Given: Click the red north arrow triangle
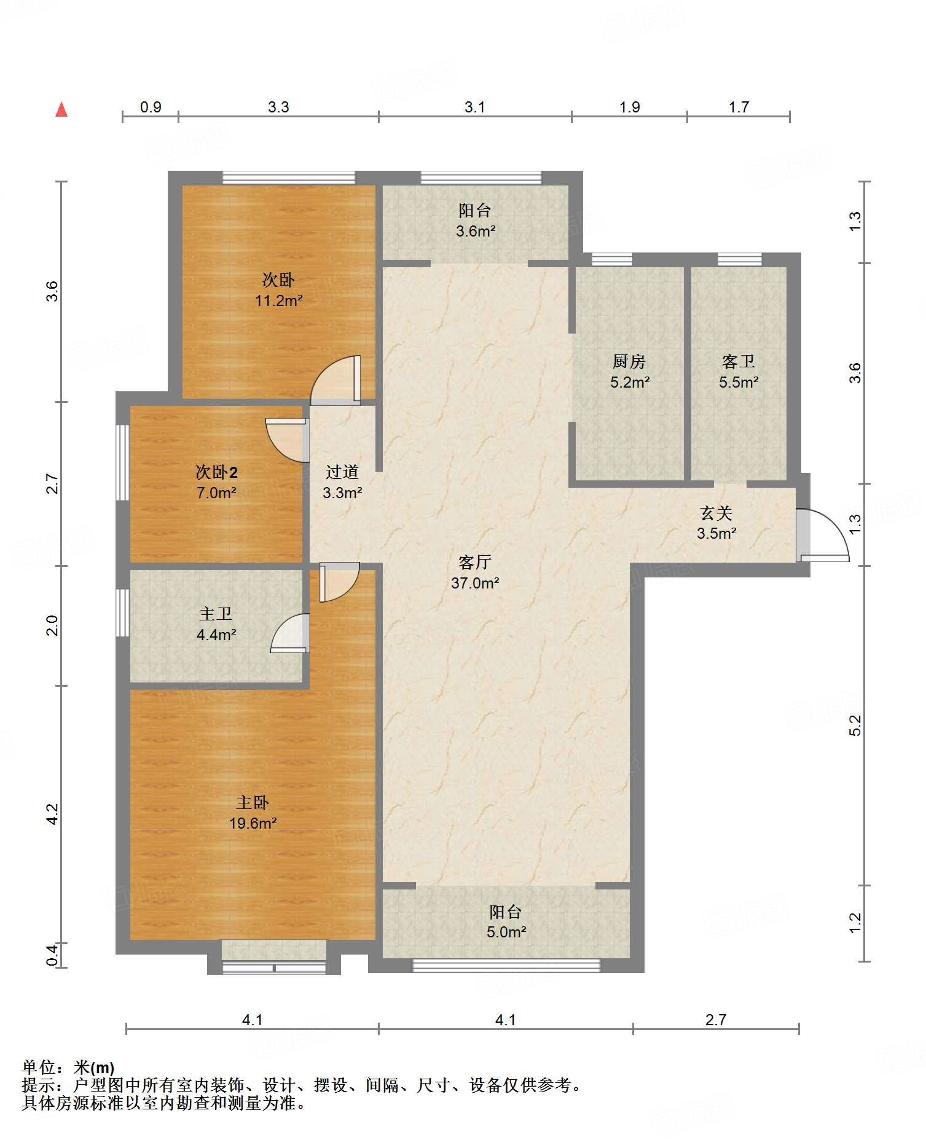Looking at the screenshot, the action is point(61,109).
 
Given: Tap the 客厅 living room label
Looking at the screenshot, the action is point(475,562).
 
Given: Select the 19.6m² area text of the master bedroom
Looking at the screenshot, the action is point(253,823).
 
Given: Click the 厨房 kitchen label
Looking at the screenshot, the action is point(629,361).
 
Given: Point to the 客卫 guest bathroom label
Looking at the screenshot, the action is point(739,361).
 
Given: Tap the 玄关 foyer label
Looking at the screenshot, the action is point(716,512).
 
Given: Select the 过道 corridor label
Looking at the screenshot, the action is point(342,472).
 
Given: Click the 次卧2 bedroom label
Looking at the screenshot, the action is point(216,472).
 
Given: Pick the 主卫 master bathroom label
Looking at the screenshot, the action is point(216,614).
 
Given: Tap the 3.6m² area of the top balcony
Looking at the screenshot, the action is point(476,231).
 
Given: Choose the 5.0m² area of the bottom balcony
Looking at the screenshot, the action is point(506,932).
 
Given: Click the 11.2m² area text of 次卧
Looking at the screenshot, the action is point(279,300).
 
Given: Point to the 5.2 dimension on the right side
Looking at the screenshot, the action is point(855,725).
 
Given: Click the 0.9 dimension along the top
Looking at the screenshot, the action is point(151,107).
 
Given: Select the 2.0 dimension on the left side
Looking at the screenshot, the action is point(52,625).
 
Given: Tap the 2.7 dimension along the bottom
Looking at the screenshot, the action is point(716,1020).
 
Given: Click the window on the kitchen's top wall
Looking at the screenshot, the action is point(612,259).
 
